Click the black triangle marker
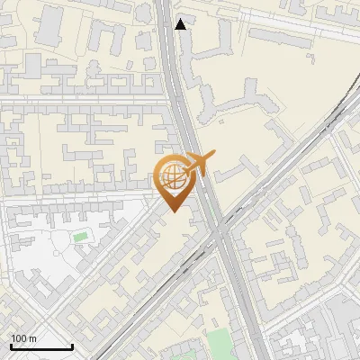(x=181, y=24)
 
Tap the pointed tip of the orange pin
(x=174, y=211)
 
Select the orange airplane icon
(x=198, y=165)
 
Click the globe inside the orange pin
(x=174, y=177)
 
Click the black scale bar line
(x=40, y=346)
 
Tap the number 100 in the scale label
(x=19, y=338)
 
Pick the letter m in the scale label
(x=32, y=338)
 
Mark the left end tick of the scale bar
(x=10, y=345)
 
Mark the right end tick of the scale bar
(x=72, y=345)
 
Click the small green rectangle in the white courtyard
(x=81, y=237)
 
